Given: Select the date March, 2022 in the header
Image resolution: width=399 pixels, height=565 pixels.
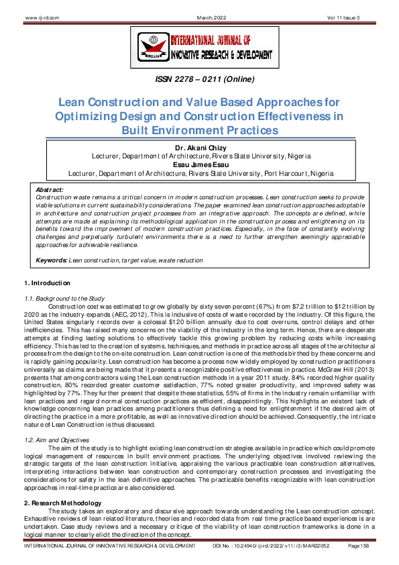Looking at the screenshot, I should pos(199,7).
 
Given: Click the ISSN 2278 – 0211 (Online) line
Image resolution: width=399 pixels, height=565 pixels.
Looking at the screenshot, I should pos(199,83).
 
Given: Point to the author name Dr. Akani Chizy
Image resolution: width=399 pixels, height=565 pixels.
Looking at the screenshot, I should pos(200,148).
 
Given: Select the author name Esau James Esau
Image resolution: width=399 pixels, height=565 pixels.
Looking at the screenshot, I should pos(200,164).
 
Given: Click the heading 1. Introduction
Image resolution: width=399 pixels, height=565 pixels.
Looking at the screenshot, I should pos(47,284).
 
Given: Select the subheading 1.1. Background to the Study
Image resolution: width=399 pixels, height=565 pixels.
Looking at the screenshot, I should pos(61,297).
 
